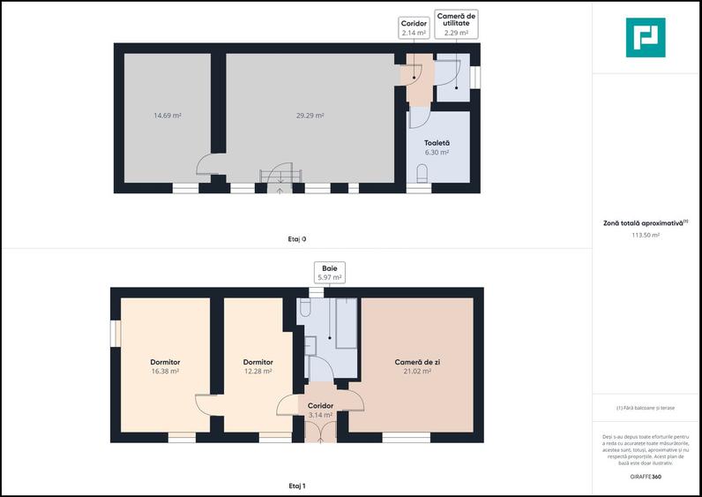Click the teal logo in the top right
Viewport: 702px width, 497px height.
(x=646, y=37)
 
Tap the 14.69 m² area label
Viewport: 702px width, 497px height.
(x=168, y=115)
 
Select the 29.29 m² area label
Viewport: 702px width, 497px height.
(x=310, y=115)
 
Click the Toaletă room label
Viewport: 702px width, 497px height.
(x=437, y=143)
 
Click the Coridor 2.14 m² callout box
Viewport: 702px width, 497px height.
(x=413, y=28)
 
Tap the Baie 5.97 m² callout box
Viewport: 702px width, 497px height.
(x=329, y=272)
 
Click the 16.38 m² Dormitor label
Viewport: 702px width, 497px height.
(x=165, y=366)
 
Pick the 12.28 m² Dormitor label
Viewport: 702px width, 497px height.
(x=258, y=366)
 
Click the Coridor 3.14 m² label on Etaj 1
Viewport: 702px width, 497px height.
(x=319, y=410)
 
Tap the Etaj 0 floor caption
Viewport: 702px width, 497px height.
(x=297, y=238)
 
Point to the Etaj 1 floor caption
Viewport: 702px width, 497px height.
(x=297, y=486)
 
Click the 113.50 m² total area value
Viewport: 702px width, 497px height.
(x=646, y=236)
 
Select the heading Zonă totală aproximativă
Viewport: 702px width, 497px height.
(x=646, y=223)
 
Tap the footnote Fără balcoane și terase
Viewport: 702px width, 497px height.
(x=646, y=408)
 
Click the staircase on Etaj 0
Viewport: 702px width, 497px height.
(x=280, y=176)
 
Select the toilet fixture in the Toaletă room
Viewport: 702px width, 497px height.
(x=422, y=173)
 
